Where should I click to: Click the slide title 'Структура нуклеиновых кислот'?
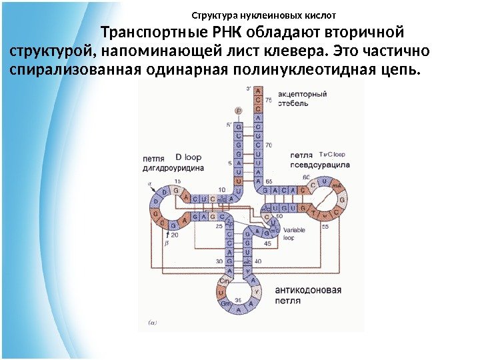coord(263,15)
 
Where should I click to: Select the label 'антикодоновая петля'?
coord(307,295)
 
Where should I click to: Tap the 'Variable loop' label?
coord(293,231)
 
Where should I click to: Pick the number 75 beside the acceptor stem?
coord(268,99)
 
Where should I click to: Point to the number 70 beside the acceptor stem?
coord(269,145)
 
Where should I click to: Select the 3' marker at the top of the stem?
coord(249,89)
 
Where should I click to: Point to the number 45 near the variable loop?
coord(267,244)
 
